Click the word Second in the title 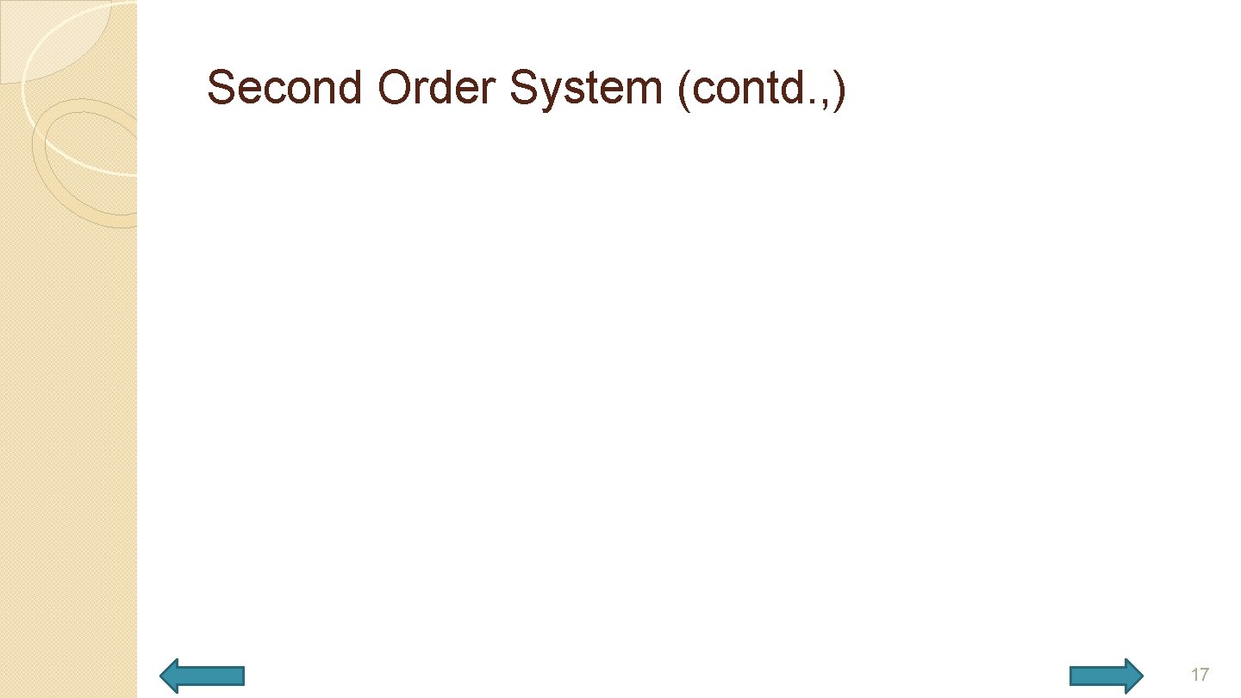[284, 88]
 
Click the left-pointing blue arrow [203, 676]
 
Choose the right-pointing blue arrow [1107, 676]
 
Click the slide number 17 [1199, 675]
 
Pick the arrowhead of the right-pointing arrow [1132, 676]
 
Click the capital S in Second [221, 88]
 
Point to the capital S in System [523, 88]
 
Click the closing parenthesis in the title [839, 90]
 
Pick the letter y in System [549, 93]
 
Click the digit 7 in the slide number [1203, 675]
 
